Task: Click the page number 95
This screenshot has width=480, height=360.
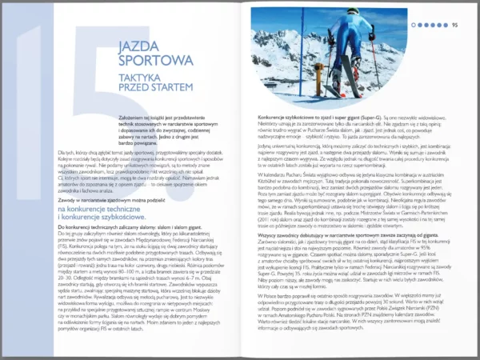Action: pyautogui.click(x=454, y=24)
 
